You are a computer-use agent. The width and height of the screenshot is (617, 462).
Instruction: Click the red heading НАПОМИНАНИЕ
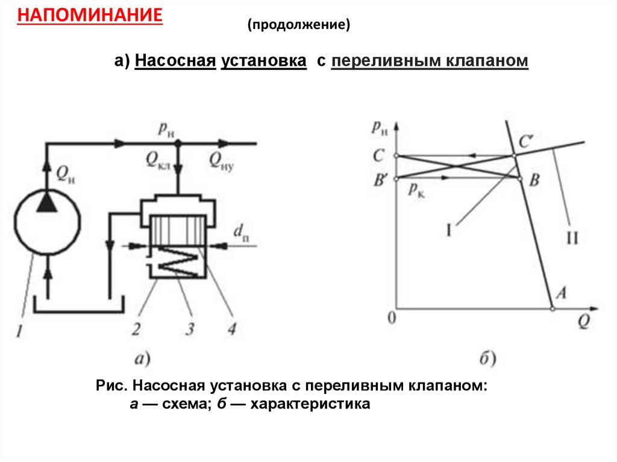tap(90, 14)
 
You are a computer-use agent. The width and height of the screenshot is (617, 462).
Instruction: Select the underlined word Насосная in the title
tap(175, 61)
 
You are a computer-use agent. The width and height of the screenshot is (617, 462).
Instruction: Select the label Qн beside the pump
tap(67, 174)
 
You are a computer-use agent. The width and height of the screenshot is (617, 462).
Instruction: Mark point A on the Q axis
tap(560, 293)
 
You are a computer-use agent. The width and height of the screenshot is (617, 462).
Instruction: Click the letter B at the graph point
tap(534, 180)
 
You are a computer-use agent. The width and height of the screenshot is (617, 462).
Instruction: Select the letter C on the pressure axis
tap(378, 156)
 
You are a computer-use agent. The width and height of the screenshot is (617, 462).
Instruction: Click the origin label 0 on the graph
tap(392, 317)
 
